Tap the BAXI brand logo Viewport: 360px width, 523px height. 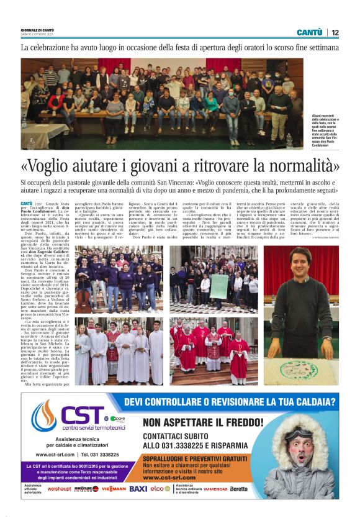click(x=138, y=489)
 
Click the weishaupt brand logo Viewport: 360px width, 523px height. click(x=59, y=489)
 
